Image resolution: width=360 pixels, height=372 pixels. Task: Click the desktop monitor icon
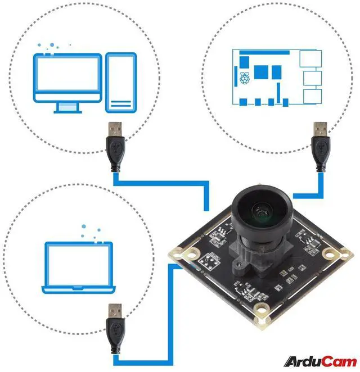pos(67,78)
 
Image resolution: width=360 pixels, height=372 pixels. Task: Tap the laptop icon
pos(79,267)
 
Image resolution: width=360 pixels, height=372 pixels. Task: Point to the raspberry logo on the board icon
pos(244,78)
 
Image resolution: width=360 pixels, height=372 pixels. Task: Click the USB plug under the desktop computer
pos(115,146)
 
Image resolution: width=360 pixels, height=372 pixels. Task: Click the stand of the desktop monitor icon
pos(67,106)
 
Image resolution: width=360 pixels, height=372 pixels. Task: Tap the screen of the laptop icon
pos(79,264)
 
